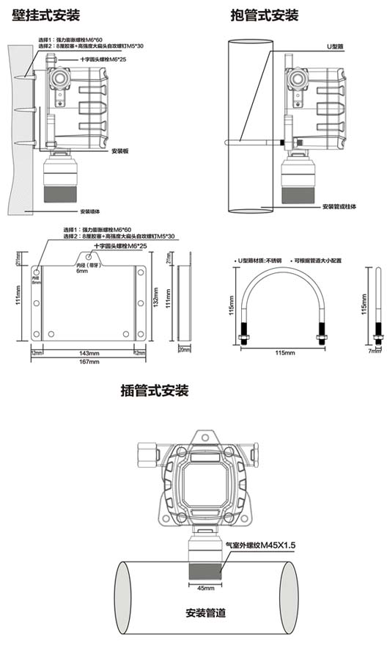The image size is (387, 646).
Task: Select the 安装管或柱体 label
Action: point(339,207)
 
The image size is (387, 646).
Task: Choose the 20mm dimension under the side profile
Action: point(183,351)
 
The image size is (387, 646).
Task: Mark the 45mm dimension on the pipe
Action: point(206,588)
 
